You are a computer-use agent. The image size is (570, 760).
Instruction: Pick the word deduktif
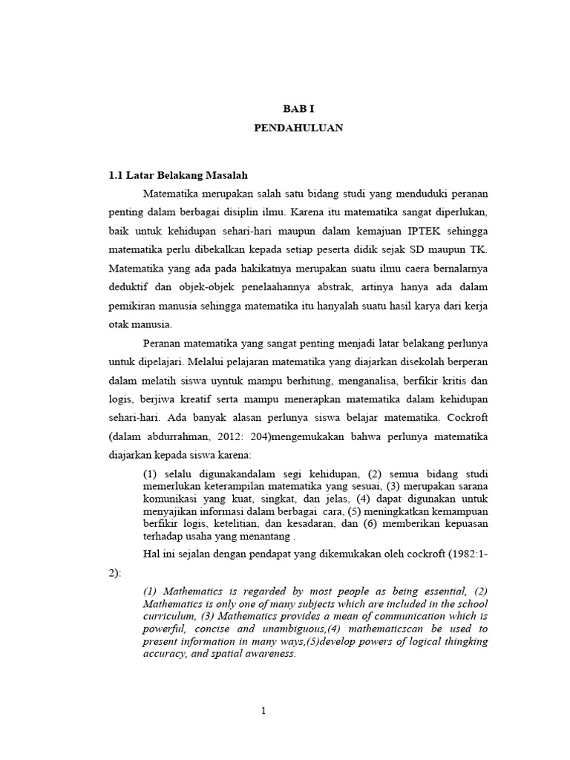click(x=129, y=285)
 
